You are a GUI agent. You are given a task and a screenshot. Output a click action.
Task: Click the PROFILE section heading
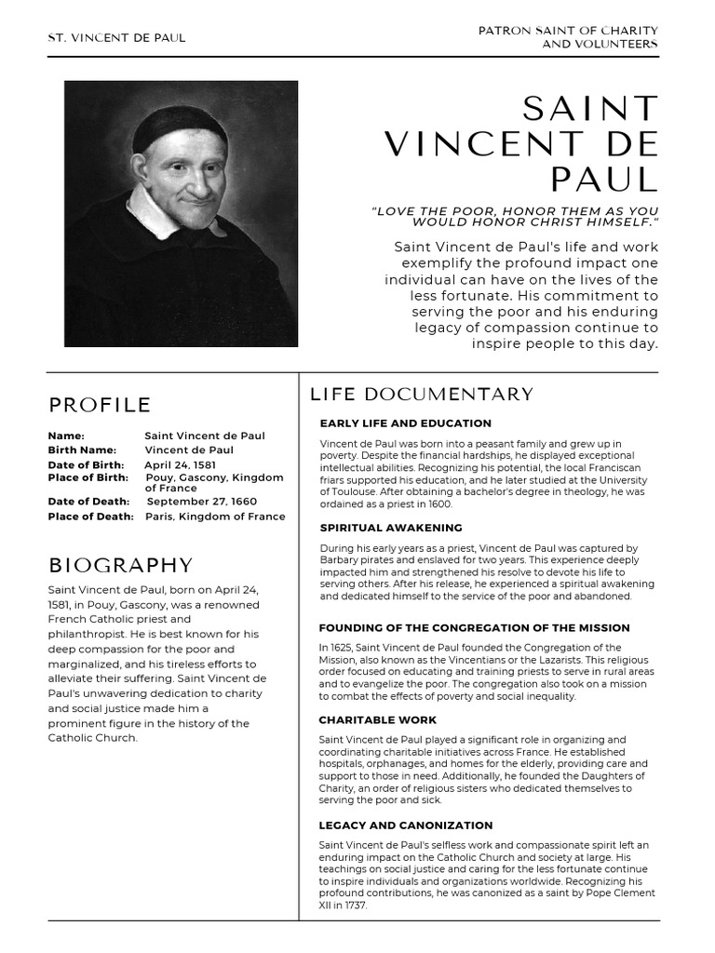click(100, 405)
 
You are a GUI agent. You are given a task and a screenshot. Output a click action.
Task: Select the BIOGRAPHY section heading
click(120, 565)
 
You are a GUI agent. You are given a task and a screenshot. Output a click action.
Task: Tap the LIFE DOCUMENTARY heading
click(422, 395)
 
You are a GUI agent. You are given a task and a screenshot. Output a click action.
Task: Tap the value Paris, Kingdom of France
click(215, 517)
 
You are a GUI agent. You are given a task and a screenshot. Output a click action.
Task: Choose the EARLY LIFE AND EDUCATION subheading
click(405, 423)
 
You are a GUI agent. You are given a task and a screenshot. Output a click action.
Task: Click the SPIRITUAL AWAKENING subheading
click(391, 528)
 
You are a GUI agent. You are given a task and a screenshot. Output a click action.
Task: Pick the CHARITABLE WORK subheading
click(377, 719)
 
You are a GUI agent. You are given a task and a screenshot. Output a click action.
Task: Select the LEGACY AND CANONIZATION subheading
click(406, 825)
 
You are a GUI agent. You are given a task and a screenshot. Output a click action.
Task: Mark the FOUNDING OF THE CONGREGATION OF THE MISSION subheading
click(474, 627)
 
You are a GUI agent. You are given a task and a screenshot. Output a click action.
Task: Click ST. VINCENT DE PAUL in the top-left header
click(116, 38)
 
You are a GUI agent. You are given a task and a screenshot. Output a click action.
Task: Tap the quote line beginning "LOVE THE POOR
click(515, 211)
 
